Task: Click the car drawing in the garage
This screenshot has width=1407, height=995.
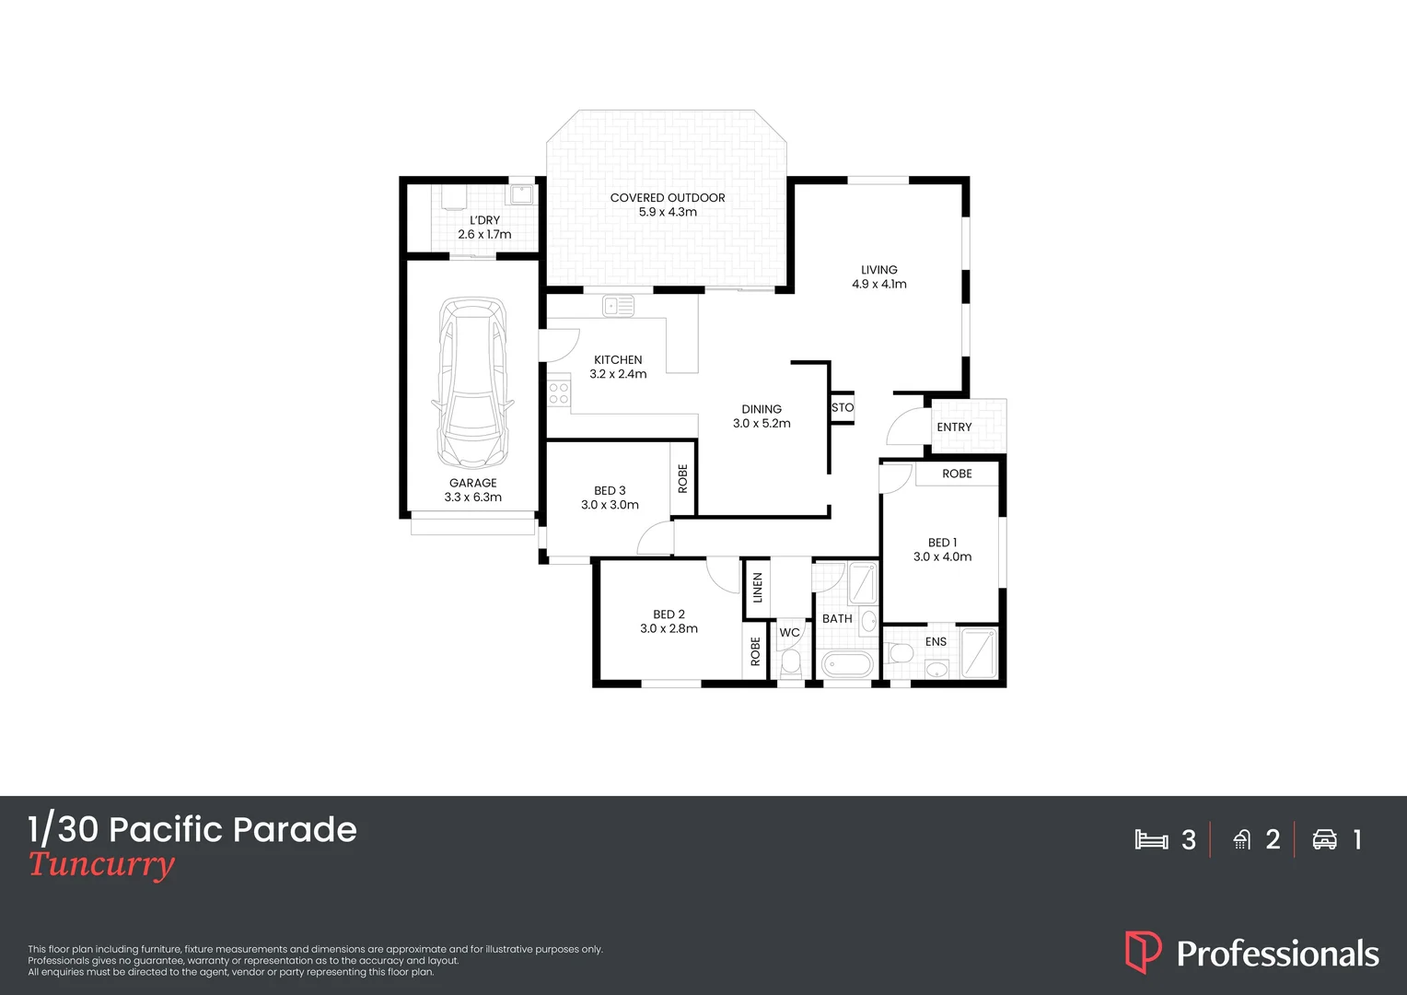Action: click(x=472, y=382)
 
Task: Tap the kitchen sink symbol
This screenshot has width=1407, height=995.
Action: click(x=618, y=306)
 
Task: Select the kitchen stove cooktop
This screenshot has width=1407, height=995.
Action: click(x=558, y=393)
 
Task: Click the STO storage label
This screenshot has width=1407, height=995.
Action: click(x=843, y=407)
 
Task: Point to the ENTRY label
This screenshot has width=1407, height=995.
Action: click(x=954, y=427)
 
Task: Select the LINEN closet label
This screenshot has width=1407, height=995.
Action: click(x=758, y=588)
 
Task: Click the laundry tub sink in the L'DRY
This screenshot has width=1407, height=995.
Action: click(x=520, y=194)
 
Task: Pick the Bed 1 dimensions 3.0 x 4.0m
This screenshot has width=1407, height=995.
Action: click(x=942, y=556)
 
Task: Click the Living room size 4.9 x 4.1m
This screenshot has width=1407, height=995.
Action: click(x=878, y=284)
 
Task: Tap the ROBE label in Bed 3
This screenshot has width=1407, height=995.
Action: click(x=682, y=478)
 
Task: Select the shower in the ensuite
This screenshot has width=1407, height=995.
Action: click(x=979, y=653)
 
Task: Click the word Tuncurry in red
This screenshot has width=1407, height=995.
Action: click(x=101, y=865)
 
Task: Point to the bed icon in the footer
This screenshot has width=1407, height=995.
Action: click(x=1151, y=839)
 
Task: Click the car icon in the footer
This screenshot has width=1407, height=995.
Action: click(x=1324, y=839)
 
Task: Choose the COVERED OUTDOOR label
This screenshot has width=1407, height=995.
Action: click(x=668, y=197)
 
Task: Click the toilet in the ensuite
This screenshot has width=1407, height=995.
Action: click(x=899, y=653)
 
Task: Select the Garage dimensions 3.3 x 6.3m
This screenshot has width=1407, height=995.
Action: click(x=473, y=497)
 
